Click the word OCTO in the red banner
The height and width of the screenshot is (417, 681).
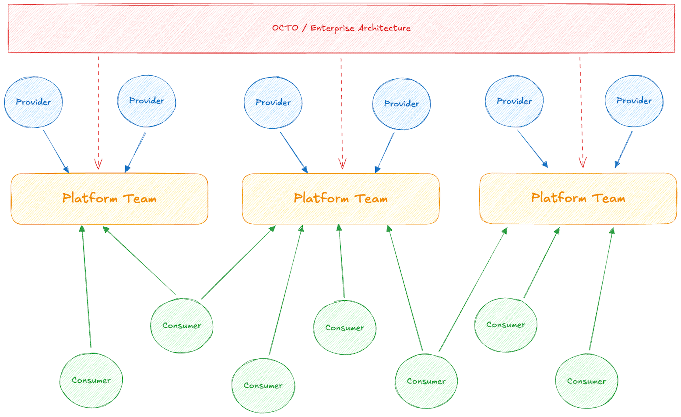coord(285,28)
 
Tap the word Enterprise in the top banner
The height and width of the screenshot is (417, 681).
coord(332,28)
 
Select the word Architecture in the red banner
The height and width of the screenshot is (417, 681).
coord(384,28)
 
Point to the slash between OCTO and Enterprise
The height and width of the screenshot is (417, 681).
coord(304,28)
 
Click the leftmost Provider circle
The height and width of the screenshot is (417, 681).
coord(34,102)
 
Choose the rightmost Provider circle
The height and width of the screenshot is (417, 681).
coord(634,101)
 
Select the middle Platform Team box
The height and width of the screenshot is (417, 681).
coord(340,199)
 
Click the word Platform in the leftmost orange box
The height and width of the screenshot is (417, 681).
coord(90,198)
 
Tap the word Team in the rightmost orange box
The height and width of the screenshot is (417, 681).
coord(609,198)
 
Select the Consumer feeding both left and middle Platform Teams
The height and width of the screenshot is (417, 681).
coord(182,325)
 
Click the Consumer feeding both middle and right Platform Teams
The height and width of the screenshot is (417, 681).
coord(426,381)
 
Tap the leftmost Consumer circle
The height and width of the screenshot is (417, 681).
coord(91,380)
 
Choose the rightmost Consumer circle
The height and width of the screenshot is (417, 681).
coord(587,381)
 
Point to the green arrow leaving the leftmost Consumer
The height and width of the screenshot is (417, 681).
coord(86,288)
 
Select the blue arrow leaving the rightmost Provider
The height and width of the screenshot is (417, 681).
coord(624,149)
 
